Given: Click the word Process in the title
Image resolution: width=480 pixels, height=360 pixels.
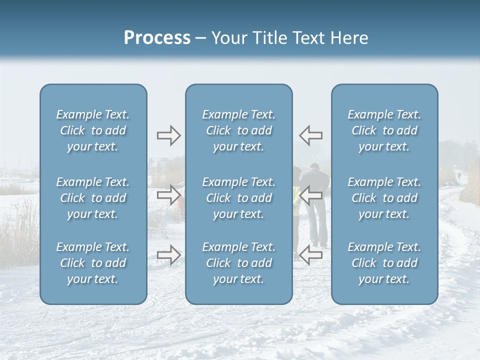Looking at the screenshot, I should tap(157, 38).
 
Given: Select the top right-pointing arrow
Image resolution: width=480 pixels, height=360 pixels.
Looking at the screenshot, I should tap(168, 135).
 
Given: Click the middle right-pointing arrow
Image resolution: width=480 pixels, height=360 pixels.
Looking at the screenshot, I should tap(168, 195).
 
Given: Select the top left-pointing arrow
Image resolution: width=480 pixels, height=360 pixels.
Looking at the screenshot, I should tap(310, 135).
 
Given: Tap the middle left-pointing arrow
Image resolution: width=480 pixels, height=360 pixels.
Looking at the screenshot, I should tap(310, 195).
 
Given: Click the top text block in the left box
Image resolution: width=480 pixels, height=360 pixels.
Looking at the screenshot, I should tap(93, 130).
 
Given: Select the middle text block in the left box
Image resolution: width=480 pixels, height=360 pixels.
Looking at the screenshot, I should tap(93, 198).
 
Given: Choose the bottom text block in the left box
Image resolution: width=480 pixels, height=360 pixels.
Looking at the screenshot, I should tap(93, 263).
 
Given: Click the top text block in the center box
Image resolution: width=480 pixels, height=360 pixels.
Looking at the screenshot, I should tap(239, 130).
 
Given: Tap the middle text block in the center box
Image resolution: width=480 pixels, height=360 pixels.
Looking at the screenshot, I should tap(239, 198).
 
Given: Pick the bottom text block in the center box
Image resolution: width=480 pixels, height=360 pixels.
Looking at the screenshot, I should tap(239, 263).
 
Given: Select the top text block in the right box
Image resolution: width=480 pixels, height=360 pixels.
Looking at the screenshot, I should tap(384, 130).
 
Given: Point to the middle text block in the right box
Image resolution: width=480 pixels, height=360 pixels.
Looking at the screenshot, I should tap(384, 198).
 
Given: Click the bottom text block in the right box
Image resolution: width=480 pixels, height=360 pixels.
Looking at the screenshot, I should tap(384, 263).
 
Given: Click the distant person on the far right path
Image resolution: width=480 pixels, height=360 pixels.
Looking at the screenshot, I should tap(458, 176).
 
